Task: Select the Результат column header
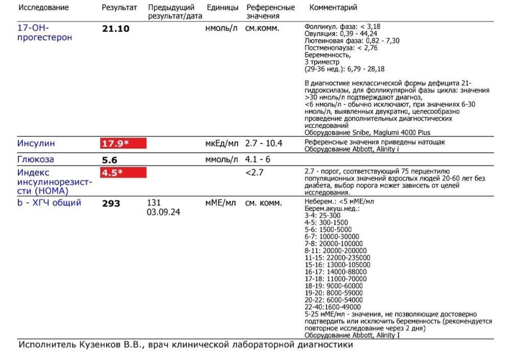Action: point(119,8)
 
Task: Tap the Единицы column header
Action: point(222,8)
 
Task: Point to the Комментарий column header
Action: point(333,8)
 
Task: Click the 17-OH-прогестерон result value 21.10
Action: point(116,29)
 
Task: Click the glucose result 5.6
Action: point(110,159)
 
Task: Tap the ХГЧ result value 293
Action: point(111,203)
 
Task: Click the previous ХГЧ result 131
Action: point(154,203)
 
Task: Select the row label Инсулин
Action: point(36,143)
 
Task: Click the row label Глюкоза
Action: point(36,159)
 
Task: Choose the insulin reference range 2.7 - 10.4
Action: point(263,143)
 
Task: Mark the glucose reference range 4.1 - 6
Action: point(258,159)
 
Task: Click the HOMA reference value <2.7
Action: point(254,173)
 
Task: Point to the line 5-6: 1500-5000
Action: point(329,229)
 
